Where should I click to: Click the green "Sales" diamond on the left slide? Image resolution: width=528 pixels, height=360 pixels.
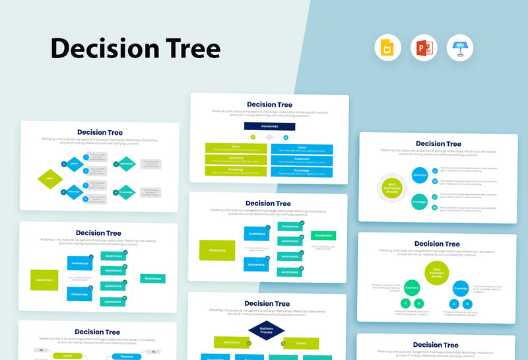tap(50, 178)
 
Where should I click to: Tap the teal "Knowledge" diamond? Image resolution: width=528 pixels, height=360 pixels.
tap(127, 193)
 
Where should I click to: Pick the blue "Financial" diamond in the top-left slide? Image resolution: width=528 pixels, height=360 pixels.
tap(75, 192)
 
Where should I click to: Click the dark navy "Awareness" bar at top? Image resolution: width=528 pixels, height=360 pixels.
tap(269, 126)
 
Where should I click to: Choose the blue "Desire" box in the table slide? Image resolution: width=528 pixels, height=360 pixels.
tap(302, 149)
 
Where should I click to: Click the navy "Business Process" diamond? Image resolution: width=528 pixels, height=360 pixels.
tap(267, 330)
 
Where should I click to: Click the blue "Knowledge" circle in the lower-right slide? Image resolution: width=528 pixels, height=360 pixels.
tap(461, 288)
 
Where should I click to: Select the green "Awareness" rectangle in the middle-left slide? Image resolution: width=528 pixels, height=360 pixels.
tap(44, 279)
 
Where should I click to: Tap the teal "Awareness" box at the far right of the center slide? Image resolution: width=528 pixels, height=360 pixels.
tap(323, 235)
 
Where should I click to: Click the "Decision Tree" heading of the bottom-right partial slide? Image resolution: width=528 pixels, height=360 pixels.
tap(436, 344)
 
